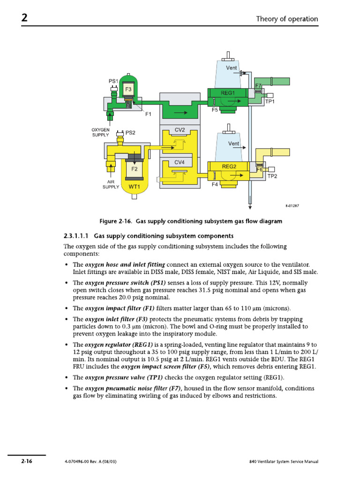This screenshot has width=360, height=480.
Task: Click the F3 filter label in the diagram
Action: pos(128,89)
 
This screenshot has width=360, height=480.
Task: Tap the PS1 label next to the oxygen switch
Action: pos(114,82)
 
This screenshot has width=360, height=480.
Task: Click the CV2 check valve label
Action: pos(180,130)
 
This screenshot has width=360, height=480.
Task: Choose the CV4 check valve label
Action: pos(180,162)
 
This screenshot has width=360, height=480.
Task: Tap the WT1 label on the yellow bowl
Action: pos(135,186)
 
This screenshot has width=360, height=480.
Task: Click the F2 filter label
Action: pos(134,168)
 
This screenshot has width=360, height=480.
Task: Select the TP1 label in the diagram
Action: pos(270,101)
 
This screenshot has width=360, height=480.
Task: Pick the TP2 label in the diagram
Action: pos(272,176)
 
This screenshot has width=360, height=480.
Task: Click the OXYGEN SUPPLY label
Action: pos(100,132)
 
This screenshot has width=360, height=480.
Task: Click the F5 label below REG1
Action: pos(215,110)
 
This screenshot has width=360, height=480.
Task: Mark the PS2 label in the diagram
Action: pos(130,133)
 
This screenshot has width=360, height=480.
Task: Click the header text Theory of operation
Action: pos(287,19)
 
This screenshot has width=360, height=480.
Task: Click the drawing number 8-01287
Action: pos(292,206)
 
